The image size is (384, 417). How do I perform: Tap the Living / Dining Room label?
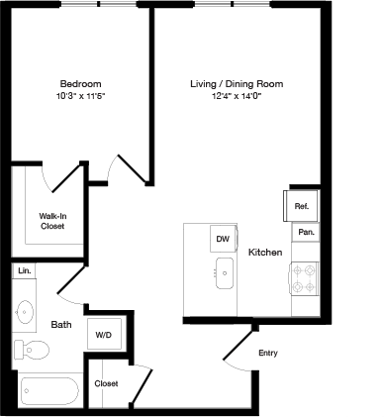coord(237,84)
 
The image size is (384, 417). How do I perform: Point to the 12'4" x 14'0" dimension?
coord(237,98)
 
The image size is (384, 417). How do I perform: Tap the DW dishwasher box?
coord(223,240)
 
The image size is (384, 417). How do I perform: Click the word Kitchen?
coord(265,254)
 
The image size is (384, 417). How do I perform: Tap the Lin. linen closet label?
coord(25,270)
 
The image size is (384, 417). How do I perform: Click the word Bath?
coord(60,325)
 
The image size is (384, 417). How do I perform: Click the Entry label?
coord(267,354)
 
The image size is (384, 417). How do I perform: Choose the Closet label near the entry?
coord(107,383)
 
